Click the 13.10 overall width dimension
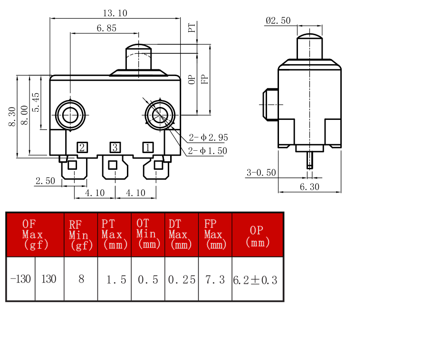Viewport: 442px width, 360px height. click(x=115, y=13)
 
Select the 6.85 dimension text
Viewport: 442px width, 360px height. click(x=106, y=28)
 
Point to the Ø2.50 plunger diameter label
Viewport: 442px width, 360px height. click(x=278, y=20)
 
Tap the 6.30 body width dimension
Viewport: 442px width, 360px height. click(x=309, y=187)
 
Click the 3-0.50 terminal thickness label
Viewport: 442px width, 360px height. click(x=261, y=172)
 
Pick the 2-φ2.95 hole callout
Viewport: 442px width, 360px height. click(x=208, y=137)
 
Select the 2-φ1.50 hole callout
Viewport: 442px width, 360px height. click(x=208, y=151)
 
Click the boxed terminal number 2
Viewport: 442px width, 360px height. click(x=82, y=147)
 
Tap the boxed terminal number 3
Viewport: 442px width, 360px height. click(x=115, y=147)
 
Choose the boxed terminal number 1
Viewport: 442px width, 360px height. click(x=148, y=147)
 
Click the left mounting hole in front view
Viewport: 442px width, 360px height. click(x=70, y=115)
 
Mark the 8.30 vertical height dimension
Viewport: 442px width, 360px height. click(x=12, y=117)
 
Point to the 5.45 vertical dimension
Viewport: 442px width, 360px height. click(x=37, y=102)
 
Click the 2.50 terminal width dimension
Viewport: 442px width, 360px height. click(x=45, y=181)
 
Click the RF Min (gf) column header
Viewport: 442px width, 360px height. click(x=81, y=235)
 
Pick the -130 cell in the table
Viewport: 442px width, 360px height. click(x=20, y=279)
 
